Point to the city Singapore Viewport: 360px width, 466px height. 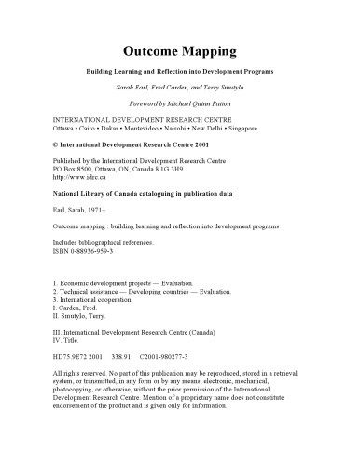[x=264, y=129]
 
